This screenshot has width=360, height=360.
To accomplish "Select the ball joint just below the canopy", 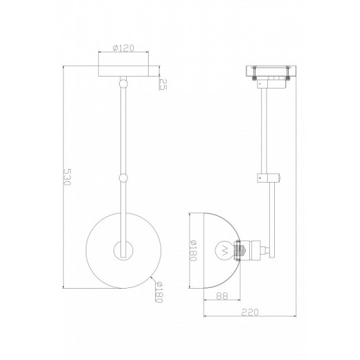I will click(x=125, y=83).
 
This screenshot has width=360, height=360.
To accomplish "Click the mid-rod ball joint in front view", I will click(x=125, y=177).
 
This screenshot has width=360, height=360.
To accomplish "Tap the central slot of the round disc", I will click(x=125, y=250).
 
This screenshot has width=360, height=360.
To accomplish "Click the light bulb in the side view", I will click(x=223, y=250).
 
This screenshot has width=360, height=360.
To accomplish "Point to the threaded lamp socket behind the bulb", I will click(x=240, y=250).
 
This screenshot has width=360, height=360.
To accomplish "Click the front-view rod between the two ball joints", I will click(x=125, y=132).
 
